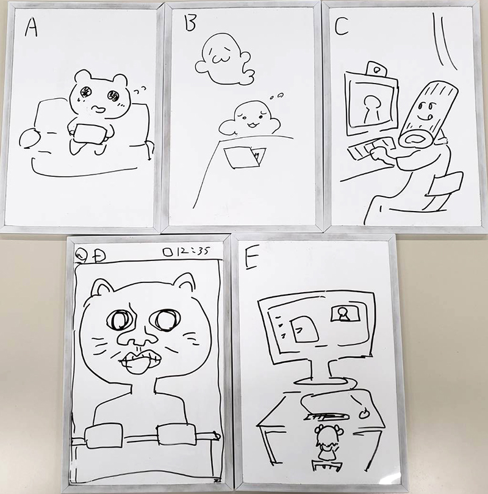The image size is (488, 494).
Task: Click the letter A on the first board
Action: click(31, 27)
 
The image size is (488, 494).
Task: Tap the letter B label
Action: click(190, 23)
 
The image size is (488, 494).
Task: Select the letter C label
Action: click(341, 26)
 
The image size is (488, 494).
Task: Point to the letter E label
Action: click(251, 258)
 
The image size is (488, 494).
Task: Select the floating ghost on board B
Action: click(224, 60)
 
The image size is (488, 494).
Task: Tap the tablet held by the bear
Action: click(90, 134)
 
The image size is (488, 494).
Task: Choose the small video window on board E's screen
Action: click(346, 313)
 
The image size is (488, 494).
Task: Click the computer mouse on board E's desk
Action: click(364, 413)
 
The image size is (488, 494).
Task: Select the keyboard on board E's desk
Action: click(327, 417)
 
